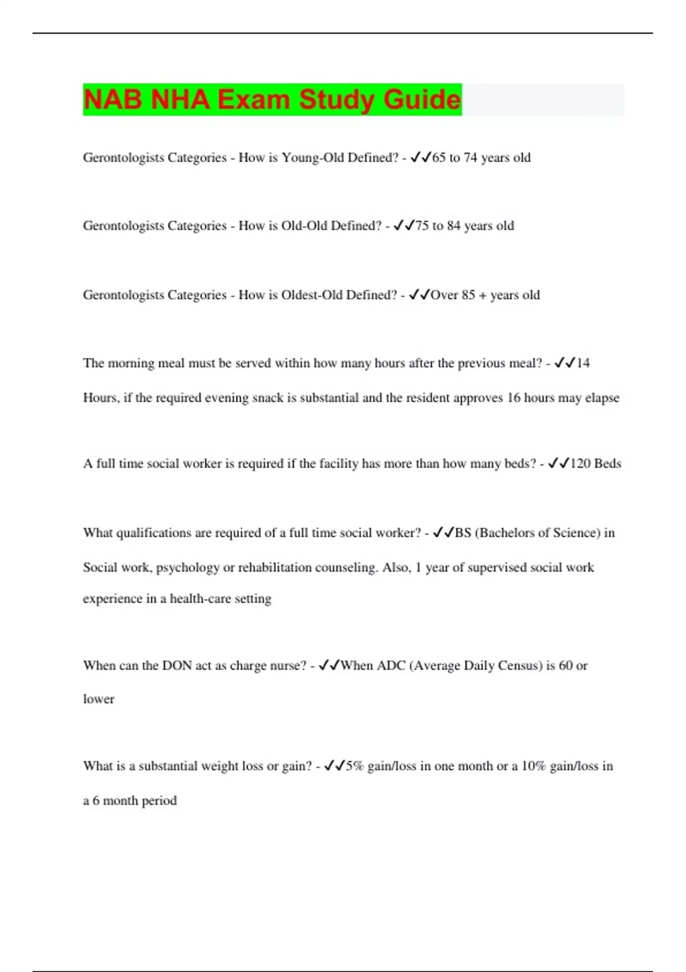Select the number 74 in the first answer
pyautogui.click(x=470, y=158)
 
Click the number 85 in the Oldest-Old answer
pyautogui.click(x=468, y=295)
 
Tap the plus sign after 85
pyautogui.click(x=483, y=296)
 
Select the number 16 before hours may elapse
pyautogui.click(x=513, y=398)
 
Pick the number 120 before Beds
pyautogui.click(x=580, y=464)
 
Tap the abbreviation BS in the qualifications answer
pyautogui.click(x=463, y=533)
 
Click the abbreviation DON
pyautogui.click(x=177, y=666)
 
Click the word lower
pyautogui.click(x=98, y=699)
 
